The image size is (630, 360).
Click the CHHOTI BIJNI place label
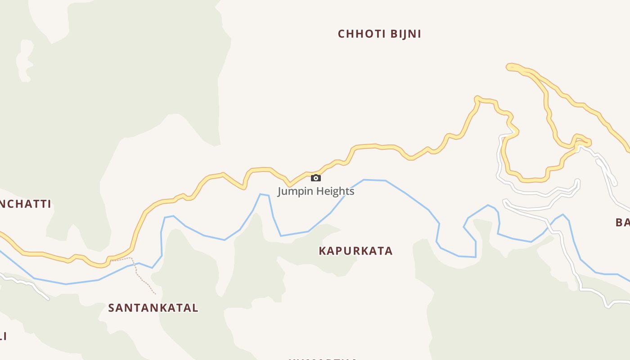pos(379,34)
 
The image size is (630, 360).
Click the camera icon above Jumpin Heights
pos(316,178)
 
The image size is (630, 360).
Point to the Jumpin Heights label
pos(316,191)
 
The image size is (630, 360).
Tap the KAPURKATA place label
pos(355,251)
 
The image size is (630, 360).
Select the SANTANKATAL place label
pos(153,308)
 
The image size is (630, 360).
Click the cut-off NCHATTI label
pos(25,204)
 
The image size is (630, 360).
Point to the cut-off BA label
pos(623,222)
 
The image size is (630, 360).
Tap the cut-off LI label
pos(3,336)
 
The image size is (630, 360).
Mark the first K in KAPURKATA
pos(322,251)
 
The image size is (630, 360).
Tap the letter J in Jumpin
pos(280,191)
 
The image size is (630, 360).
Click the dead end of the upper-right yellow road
pos(509,67)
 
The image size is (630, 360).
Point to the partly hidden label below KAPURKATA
pos(322,359)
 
